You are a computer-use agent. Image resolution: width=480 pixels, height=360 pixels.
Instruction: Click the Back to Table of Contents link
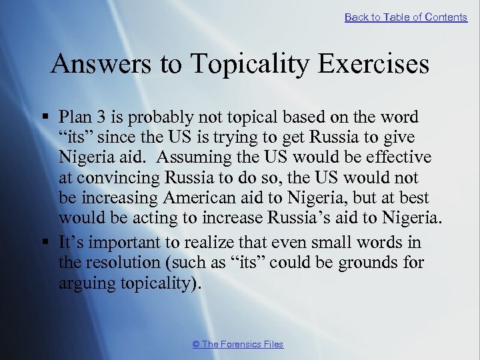pos(405,17)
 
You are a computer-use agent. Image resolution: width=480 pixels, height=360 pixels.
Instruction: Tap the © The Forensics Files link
pos(237,344)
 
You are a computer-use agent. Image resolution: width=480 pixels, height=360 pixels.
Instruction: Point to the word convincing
pos(112,178)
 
